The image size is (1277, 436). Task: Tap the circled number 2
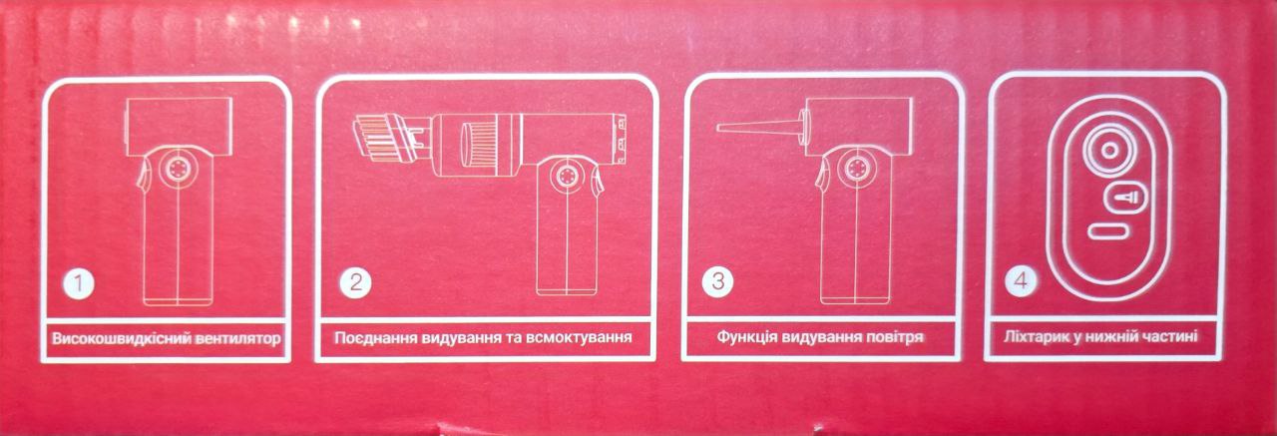355,281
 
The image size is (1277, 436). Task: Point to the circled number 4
1019,282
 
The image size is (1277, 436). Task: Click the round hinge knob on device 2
568,177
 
